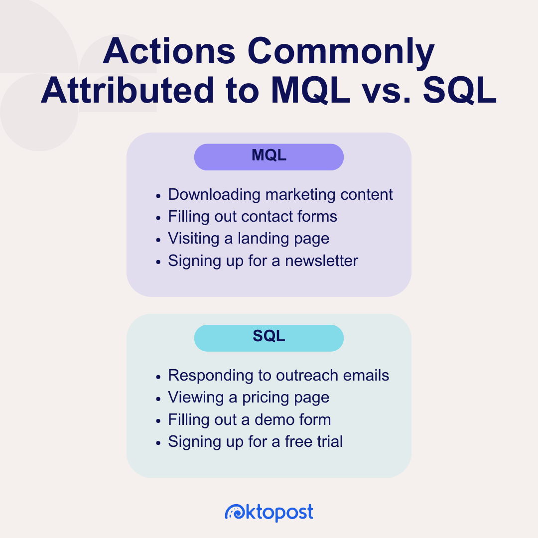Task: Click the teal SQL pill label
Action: [269, 337]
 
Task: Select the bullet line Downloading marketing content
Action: [280, 194]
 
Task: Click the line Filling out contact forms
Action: [252, 217]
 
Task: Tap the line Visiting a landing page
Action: [248, 239]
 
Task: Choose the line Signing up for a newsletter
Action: [263, 261]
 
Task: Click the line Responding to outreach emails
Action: [278, 375]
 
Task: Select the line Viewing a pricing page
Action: [248, 398]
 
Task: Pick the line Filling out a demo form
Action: [249, 419]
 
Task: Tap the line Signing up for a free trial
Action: [255, 441]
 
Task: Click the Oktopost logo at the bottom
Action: [269, 512]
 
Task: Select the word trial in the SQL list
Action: [327, 441]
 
